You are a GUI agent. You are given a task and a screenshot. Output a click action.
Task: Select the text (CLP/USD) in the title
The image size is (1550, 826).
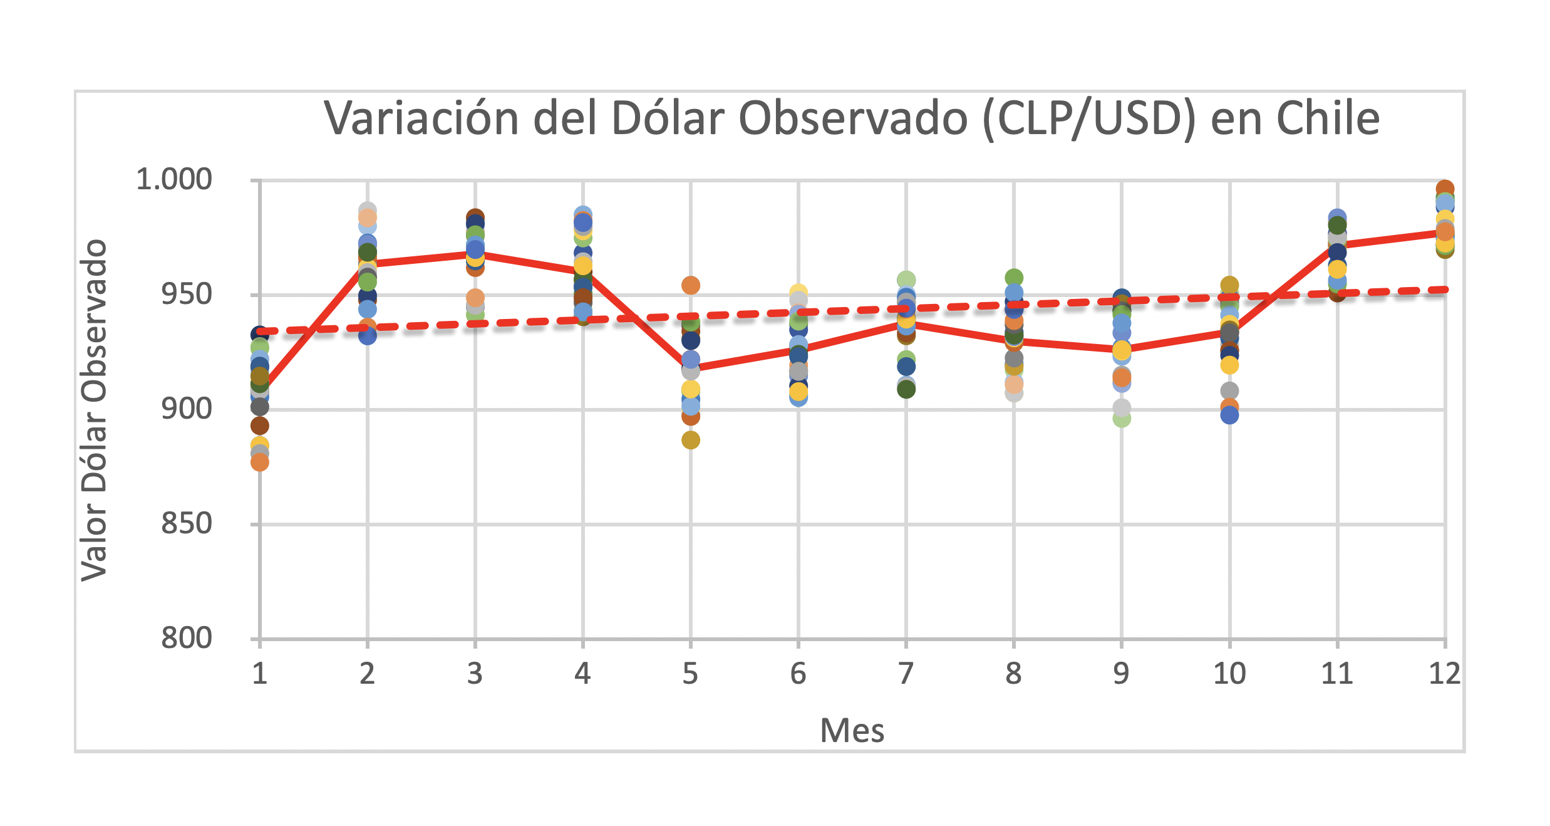[1089, 118]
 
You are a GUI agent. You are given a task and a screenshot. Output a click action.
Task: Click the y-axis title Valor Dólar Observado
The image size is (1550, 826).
[94, 410]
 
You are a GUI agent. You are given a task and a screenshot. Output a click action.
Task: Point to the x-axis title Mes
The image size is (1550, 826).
[852, 731]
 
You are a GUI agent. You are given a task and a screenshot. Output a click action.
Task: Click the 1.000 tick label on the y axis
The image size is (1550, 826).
[174, 180]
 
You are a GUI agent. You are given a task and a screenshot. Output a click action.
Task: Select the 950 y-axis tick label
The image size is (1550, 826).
[187, 295]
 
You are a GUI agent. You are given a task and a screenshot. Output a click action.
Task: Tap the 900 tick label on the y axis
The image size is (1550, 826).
[187, 409]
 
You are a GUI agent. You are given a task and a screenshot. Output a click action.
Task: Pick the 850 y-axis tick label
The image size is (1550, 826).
[187, 524]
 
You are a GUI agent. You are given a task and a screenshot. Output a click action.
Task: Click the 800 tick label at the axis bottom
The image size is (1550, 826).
[187, 639]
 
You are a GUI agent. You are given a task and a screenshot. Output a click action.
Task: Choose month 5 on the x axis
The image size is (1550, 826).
[690, 674]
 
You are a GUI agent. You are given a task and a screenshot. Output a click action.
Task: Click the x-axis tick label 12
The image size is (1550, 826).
[1444, 674]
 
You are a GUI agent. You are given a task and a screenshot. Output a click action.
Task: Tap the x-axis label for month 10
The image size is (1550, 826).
[1229, 674]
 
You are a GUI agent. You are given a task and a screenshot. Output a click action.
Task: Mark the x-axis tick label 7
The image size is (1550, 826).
[906, 674]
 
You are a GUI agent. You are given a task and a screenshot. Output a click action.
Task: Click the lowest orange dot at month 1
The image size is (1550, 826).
[259, 463]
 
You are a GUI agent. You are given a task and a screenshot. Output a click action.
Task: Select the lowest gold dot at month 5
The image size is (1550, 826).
[690, 440]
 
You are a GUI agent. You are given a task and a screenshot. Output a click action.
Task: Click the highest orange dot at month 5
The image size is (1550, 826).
[690, 285]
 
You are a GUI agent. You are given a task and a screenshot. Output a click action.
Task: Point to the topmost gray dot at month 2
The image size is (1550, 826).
[367, 210]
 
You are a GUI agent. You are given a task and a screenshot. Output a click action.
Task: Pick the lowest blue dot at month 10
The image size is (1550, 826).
[1229, 415]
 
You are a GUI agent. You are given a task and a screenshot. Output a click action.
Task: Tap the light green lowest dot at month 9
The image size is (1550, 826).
[1121, 418]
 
